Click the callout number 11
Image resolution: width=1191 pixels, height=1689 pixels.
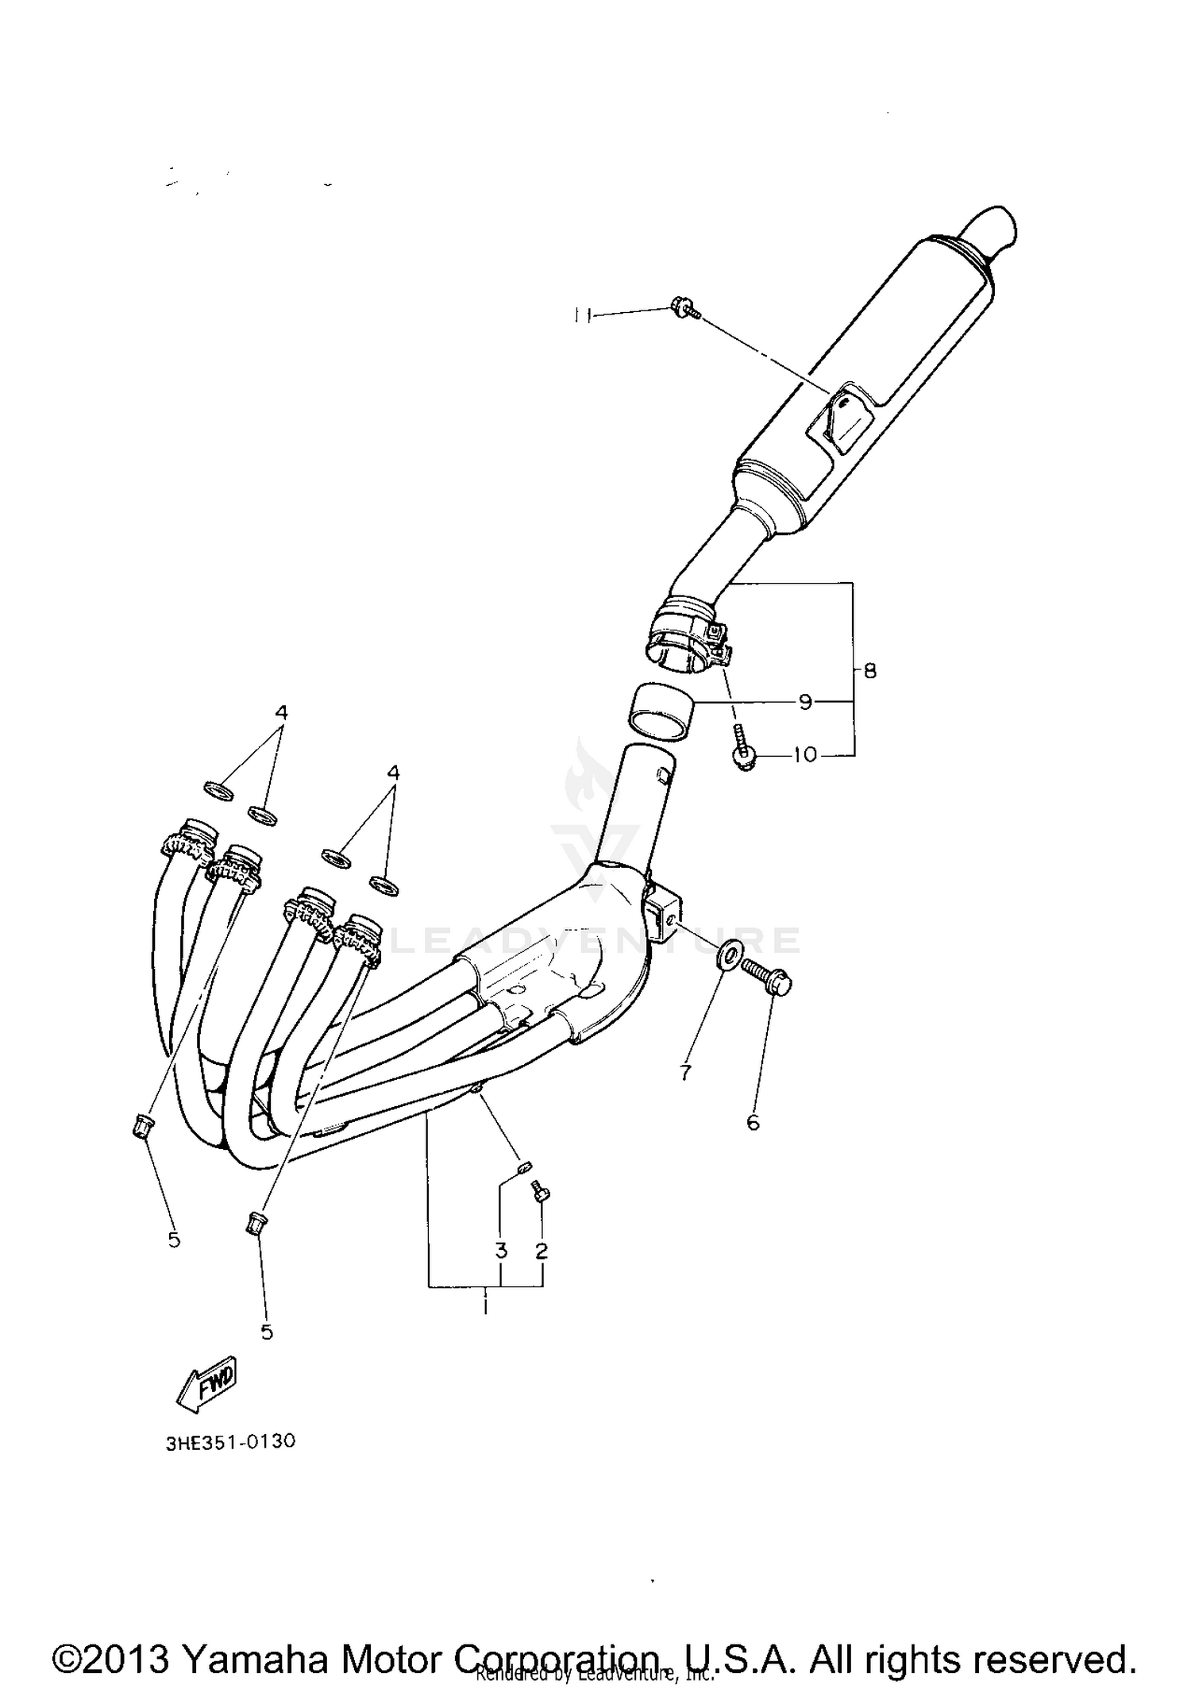click(x=582, y=315)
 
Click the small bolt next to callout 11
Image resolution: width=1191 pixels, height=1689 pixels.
click(x=683, y=307)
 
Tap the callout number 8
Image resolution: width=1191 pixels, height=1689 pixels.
click(x=869, y=671)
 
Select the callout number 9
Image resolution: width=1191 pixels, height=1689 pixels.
click(x=805, y=702)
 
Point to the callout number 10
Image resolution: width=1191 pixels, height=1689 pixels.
click(x=805, y=754)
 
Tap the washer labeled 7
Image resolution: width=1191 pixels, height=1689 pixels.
click(x=729, y=955)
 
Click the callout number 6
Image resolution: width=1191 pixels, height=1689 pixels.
click(x=753, y=1122)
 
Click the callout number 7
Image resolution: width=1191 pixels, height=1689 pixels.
click(x=685, y=1073)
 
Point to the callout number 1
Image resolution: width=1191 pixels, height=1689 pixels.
click(x=485, y=1306)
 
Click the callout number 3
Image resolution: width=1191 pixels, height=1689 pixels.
click(x=501, y=1251)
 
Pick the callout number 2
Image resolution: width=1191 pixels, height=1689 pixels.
click(x=542, y=1251)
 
